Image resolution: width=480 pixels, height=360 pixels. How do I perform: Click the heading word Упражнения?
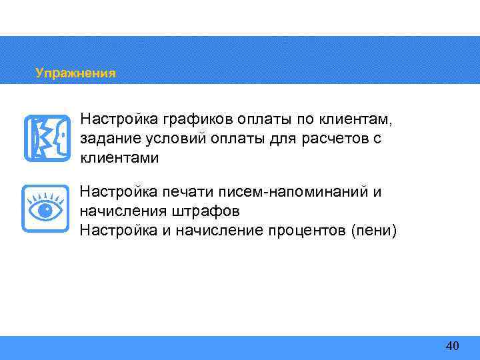[x=75, y=73]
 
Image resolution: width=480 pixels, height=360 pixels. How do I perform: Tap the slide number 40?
[x=452, y=345]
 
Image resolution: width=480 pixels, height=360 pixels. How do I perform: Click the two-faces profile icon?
[x=47, y=138]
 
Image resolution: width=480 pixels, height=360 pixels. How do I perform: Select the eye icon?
[x=45, y=209]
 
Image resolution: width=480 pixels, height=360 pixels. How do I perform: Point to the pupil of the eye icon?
[x=45, y=211]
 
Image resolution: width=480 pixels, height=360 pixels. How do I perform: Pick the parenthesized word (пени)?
[x=375, y=231]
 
